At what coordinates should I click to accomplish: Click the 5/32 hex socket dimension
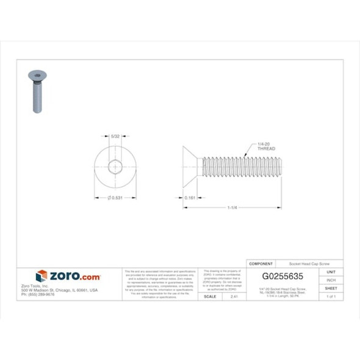tap(115, 138)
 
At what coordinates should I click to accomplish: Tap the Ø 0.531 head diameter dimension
tap(116, 198)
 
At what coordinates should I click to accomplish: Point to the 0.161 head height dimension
tap(189, 198)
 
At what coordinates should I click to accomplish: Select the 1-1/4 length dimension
tap(232, 208)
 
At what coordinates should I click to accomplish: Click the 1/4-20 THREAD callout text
tap(267, 146)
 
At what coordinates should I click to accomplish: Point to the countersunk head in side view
tap(189, 167)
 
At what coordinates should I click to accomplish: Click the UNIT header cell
tap(331, 272)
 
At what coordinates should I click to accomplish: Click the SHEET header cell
tap(331, 288)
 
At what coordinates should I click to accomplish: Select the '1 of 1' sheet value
tap(331, 296)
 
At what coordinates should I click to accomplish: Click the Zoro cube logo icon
tap(41, 276)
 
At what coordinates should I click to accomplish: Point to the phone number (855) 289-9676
tap(38, 294)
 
